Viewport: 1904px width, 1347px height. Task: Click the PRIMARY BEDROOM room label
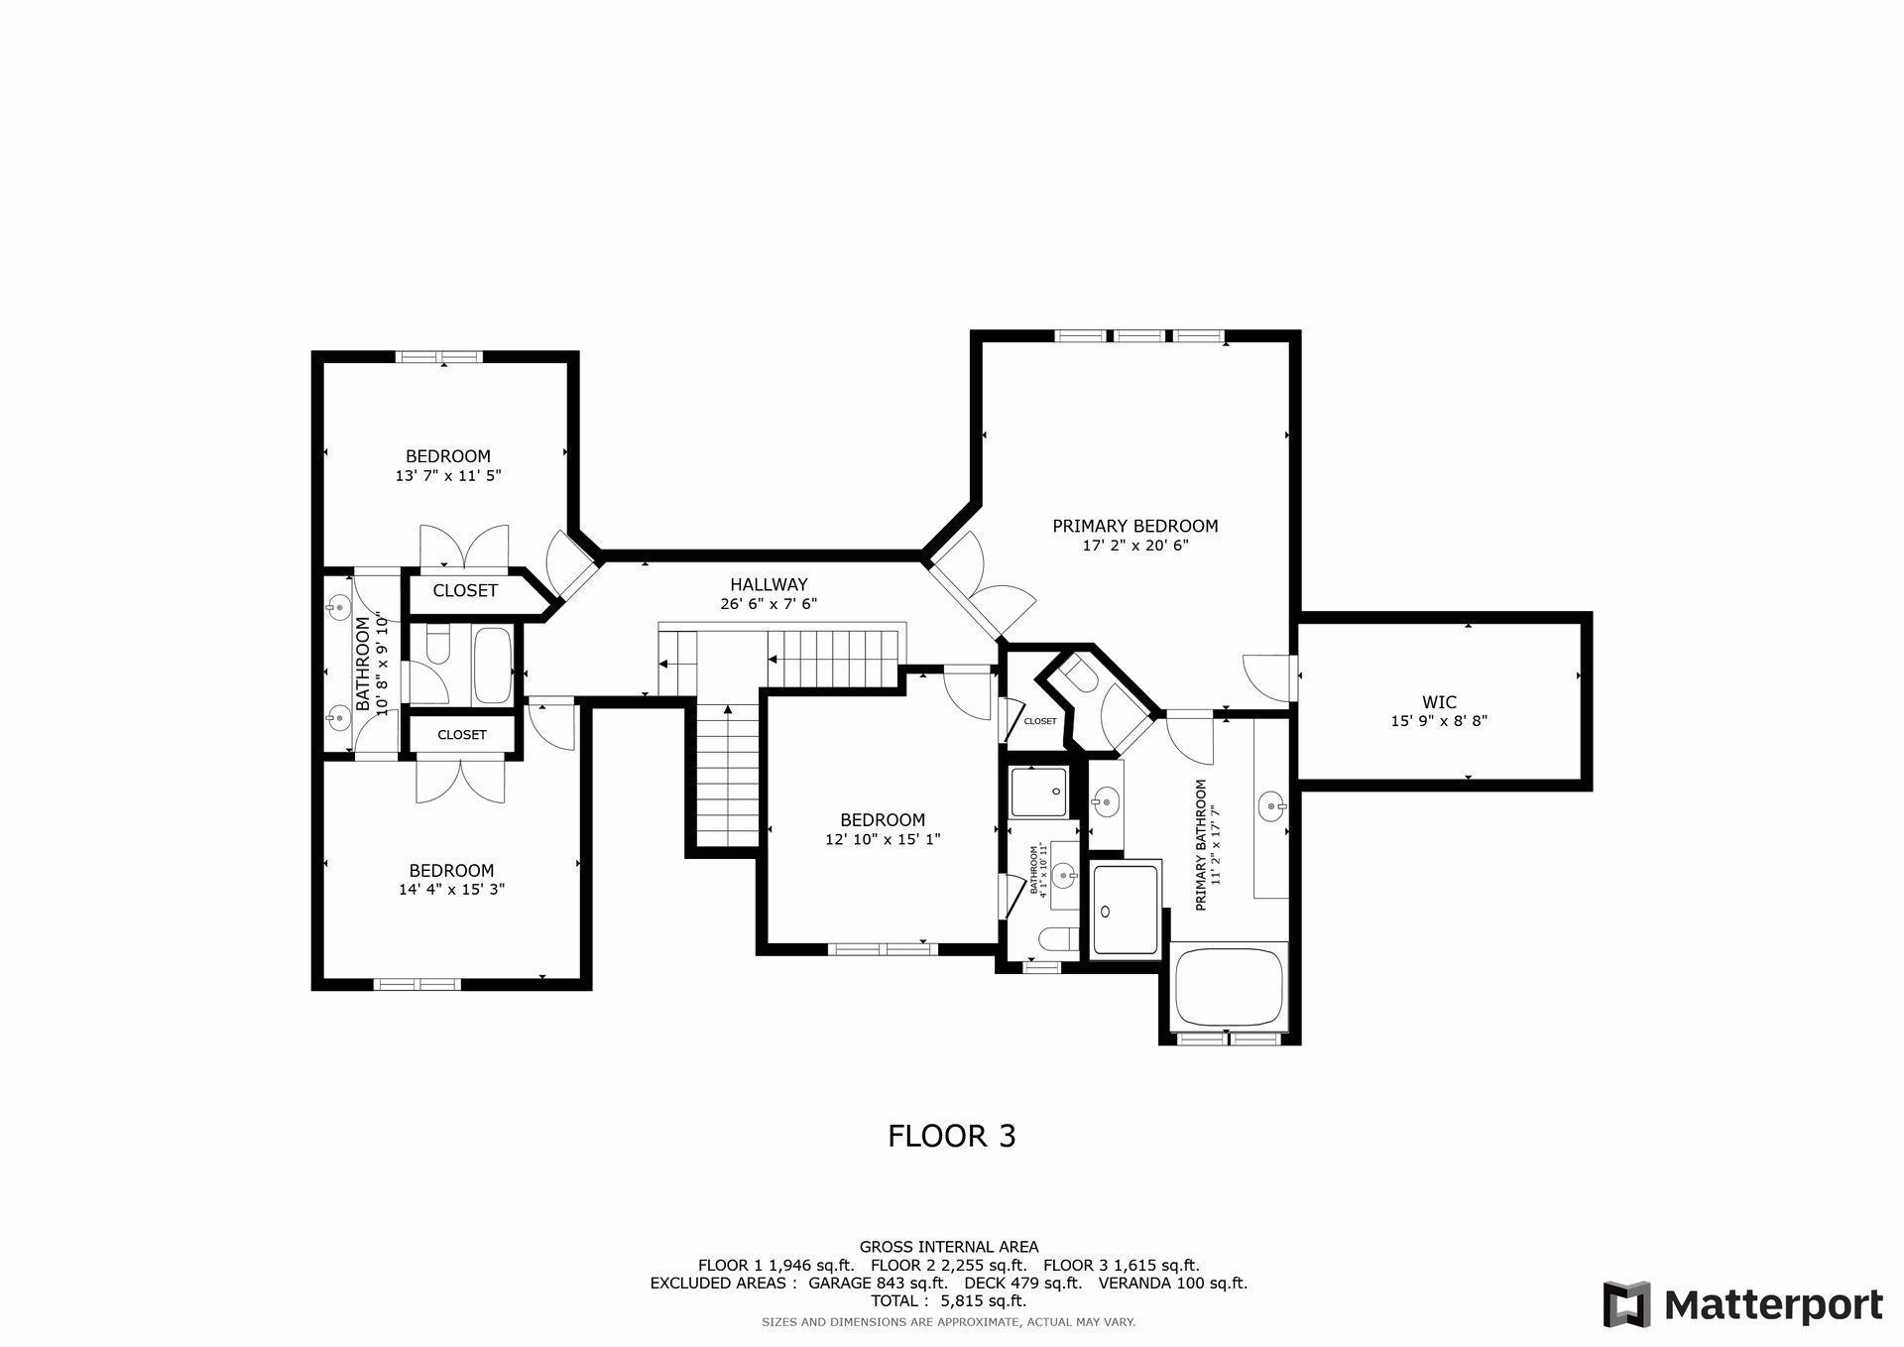(1134, 526)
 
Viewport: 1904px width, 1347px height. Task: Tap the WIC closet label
(1438, 702)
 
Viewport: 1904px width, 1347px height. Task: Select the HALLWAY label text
(769, 585)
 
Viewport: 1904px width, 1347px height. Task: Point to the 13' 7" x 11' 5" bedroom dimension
(448, 476)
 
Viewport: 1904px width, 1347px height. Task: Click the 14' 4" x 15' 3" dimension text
(452, 890)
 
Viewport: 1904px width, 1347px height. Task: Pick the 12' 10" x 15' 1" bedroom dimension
(883, 839)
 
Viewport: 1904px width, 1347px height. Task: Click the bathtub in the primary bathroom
(1230, 987)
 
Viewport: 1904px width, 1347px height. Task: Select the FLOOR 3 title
(951, 1136)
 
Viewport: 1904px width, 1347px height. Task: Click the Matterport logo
(1742, 1303)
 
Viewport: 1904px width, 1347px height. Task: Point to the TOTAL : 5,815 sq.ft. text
(948, 1300)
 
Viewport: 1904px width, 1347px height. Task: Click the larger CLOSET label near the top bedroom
(465, 591)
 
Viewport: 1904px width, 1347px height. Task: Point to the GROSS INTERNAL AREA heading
(948, 1247)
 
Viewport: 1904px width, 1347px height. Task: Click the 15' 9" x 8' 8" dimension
(1438, 722)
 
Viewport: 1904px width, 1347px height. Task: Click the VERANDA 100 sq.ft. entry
(1172, 1283)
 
